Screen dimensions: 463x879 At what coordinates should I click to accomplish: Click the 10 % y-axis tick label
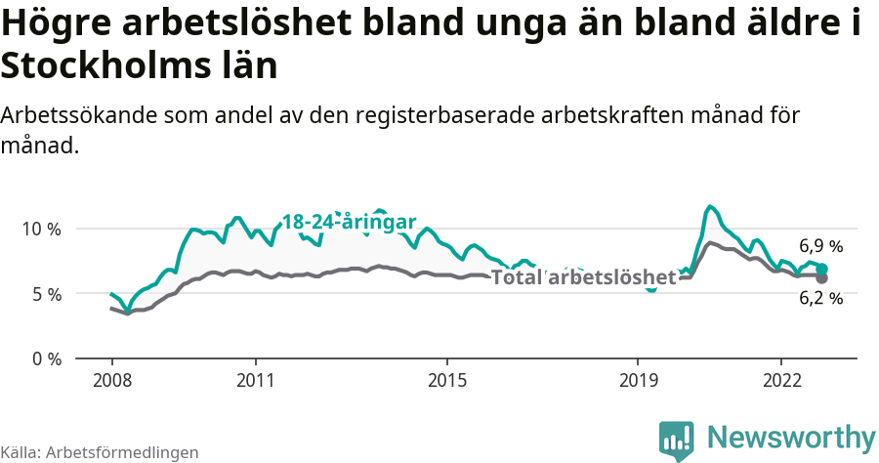coord(40,229)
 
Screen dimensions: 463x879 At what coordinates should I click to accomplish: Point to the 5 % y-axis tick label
coord(45,293)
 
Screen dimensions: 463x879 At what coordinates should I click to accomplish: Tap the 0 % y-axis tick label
coord(45,358)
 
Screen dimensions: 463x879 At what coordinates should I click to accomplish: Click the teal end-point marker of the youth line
coord(822,269)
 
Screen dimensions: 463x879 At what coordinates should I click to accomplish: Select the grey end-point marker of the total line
coord(822,278)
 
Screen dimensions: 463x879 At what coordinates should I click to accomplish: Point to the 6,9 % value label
coord(820,246)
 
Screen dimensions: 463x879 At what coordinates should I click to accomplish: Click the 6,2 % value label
coord(820,299)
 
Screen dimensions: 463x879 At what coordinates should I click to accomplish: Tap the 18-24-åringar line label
coord(350,222)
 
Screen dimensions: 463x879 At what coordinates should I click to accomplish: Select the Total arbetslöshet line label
coord(583,277)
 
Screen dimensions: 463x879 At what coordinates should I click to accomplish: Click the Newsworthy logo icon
coord(676,440)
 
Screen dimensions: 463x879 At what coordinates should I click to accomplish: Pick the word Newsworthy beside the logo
coord(791,437)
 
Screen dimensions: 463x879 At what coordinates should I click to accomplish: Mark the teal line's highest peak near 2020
coord(710,206)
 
